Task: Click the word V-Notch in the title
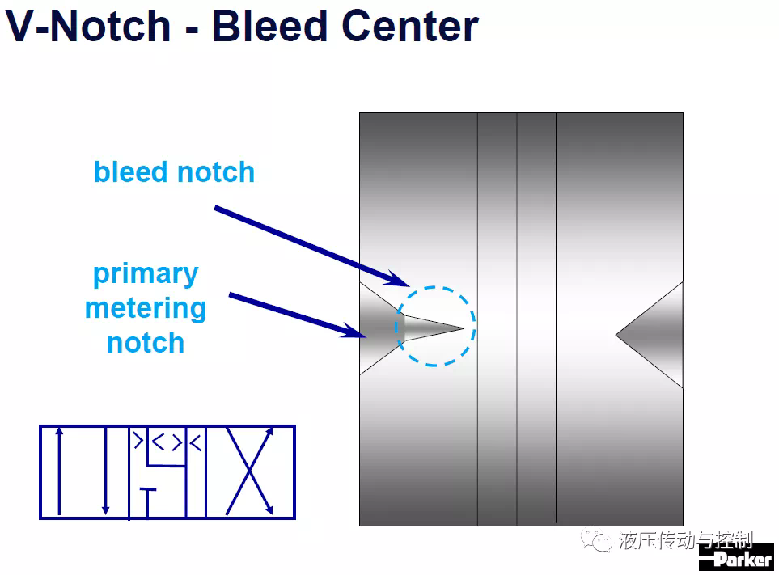88,26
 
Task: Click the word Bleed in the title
269,26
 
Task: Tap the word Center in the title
410,26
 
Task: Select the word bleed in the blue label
131,171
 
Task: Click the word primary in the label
146,275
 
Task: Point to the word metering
146,309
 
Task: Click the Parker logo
736,557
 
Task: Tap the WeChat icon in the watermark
596,539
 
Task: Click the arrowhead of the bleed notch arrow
400,280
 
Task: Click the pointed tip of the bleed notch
463,328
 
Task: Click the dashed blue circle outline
434,287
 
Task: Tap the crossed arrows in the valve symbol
249,471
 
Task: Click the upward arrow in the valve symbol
59,471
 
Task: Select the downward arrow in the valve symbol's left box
105,471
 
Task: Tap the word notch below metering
146,343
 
